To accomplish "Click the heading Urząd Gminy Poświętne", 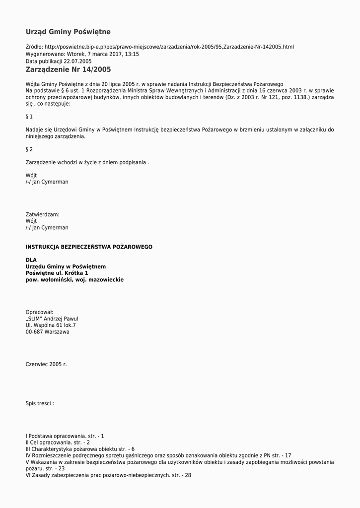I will pos(68,32).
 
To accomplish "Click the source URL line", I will pos(159,47).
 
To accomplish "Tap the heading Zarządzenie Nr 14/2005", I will pos(68,70).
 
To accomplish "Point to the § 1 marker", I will pos(29,117).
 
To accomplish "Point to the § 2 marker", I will pos(29,149).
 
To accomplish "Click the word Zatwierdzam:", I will pos(42,215).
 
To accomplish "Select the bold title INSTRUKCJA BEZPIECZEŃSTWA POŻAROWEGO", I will pos(89,247).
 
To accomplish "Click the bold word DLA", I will pos(31,260).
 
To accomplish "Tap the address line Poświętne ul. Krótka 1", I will pos(57,273).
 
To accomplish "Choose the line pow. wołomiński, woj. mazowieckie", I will pos(74,280).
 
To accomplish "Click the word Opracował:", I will pos(39,312).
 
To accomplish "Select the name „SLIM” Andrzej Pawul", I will pos(52,319).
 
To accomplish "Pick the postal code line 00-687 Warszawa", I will pos(48,332).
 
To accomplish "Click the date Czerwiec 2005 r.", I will pos(46,365).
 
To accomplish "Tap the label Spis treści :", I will pos(40,404).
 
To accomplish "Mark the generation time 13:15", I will pos(132,54).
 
